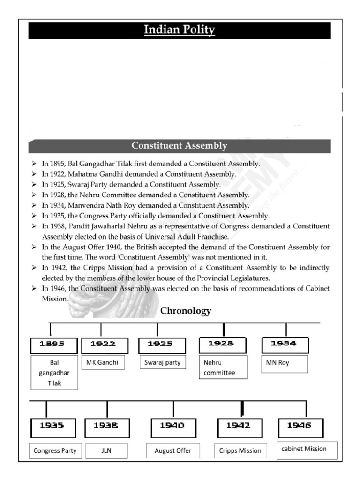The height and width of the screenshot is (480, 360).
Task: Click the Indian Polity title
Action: [180, 30]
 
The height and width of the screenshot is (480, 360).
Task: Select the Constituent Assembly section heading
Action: [180, 146]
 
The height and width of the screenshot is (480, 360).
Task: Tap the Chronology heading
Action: [186, 311]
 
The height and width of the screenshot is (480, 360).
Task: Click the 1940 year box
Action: [173, 427]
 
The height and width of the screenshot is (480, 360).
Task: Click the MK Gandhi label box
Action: [103, 362]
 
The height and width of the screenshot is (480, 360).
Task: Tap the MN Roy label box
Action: [285, 364]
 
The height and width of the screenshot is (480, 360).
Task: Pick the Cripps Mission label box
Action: [240, 450]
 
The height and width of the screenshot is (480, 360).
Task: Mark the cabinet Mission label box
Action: [304, 449]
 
